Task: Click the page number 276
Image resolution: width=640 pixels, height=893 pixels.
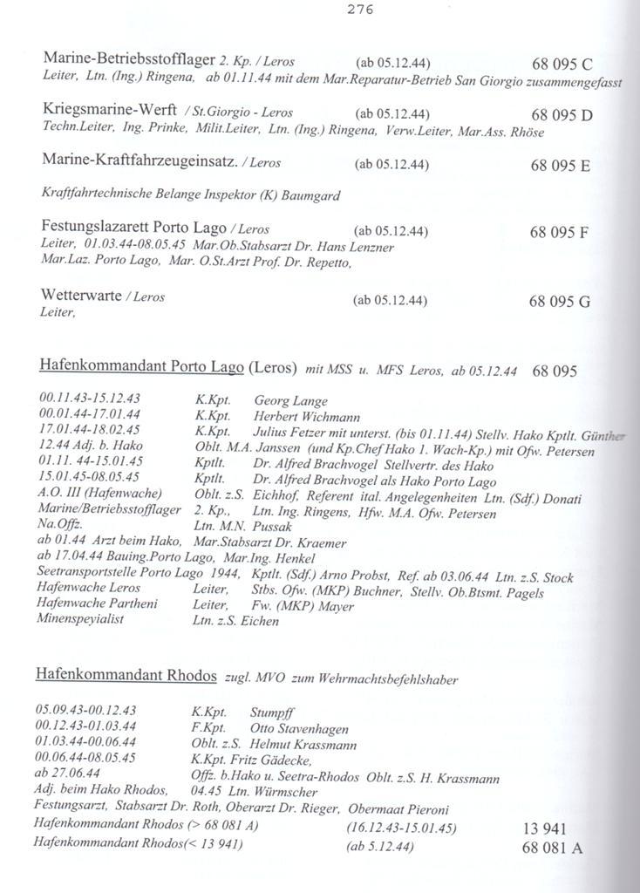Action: (360, 10)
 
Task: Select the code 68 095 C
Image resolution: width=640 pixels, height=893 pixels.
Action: (562, 64)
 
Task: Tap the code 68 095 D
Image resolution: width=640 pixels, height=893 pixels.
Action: (562, 114)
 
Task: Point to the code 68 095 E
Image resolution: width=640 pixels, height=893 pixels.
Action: (561, 166)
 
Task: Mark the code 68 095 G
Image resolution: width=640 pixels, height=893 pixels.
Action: (560, 302)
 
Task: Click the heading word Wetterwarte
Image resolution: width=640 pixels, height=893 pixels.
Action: (81, 296)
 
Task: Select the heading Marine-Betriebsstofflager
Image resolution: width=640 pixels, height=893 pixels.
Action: (128, 59)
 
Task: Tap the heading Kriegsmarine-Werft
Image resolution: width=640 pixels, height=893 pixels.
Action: (109, 111)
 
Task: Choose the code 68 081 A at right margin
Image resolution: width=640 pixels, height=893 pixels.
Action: (552, 847)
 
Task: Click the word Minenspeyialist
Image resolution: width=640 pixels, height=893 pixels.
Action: (80, 619)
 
